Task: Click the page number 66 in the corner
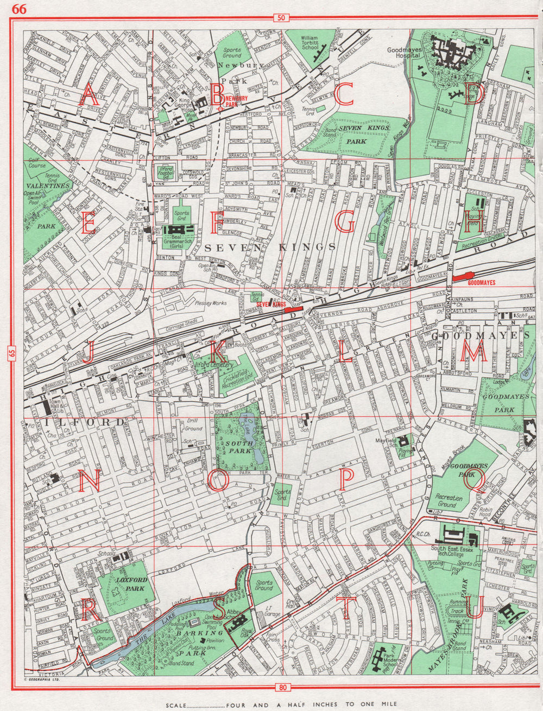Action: click(20, 9)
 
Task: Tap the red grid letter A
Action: click(89, 97)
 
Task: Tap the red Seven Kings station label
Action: click(271, 305)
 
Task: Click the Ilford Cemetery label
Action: click(209, 367)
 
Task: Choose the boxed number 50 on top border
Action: click(280, 18)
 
